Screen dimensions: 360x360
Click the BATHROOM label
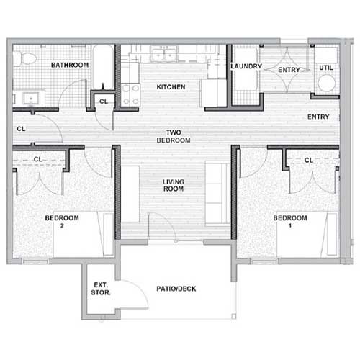click(x=70, y=66)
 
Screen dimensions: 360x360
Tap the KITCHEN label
click(x=171, y=87)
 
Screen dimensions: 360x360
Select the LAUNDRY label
click(x=245, y=66)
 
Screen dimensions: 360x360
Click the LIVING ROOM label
click(x=173, y=184)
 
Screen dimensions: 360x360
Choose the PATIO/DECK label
click(x=176, y=289)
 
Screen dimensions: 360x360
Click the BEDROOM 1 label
click(x=290, y=222)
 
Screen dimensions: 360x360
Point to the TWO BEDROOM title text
click(x=173, y=136)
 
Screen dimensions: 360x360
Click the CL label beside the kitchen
click(x=103, y=102)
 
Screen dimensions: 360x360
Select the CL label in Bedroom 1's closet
click(x=308, y=160)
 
